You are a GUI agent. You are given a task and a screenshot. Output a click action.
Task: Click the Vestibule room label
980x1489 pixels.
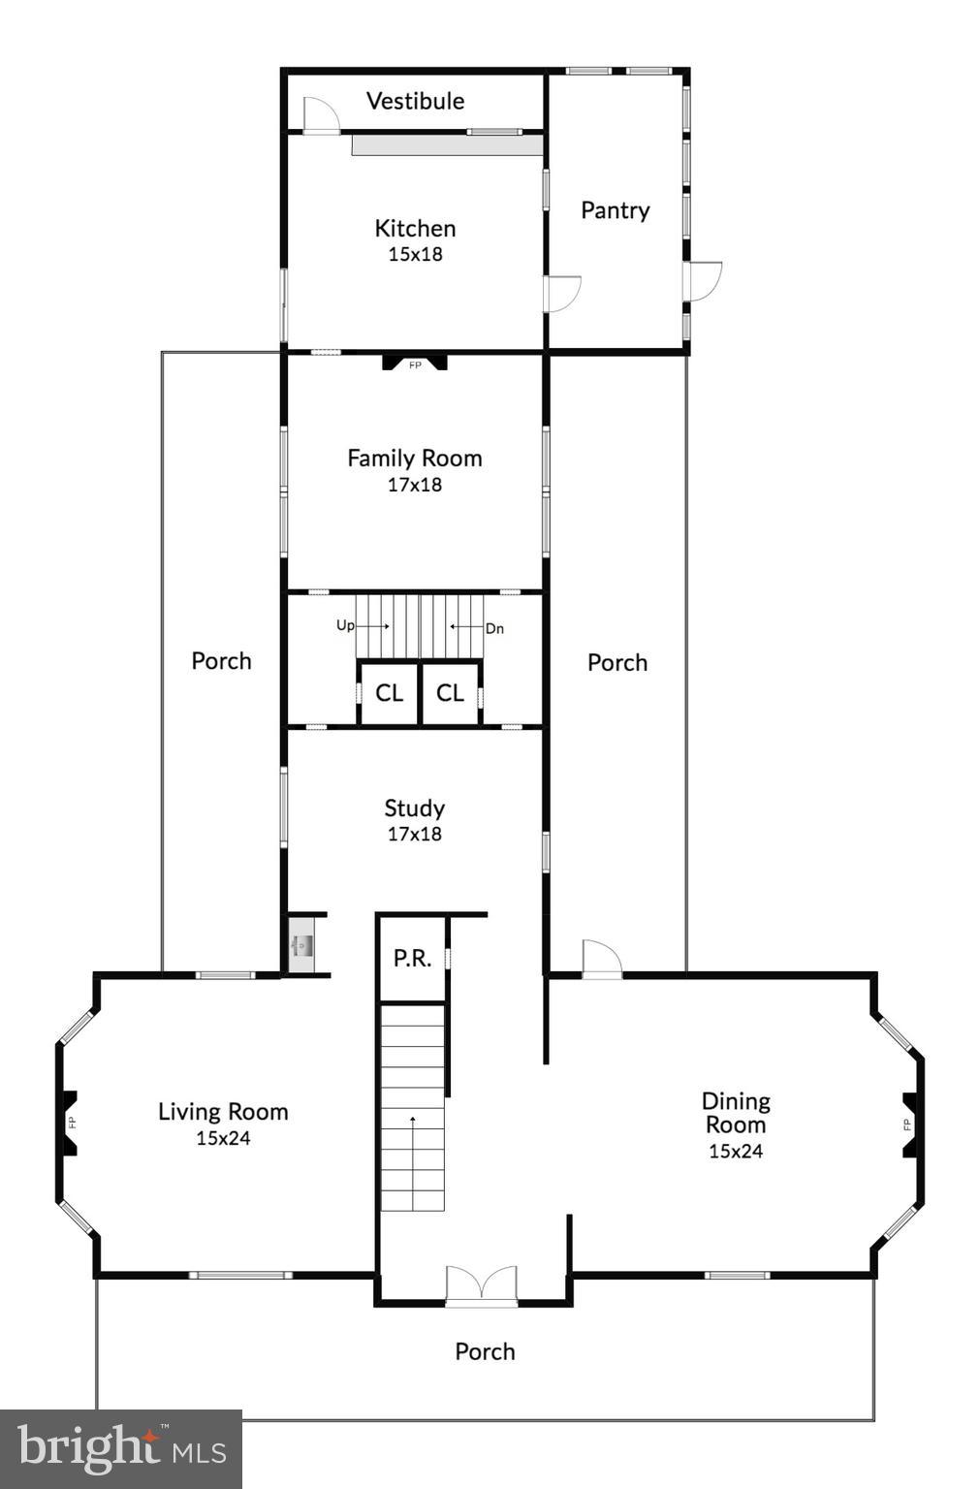[415, 101]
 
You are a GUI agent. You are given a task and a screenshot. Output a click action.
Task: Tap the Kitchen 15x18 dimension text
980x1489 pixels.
[415, 254]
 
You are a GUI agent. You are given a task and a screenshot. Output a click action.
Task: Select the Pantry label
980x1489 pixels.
[615, 210]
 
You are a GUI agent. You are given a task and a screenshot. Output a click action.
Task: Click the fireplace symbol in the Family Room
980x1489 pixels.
[415, 364]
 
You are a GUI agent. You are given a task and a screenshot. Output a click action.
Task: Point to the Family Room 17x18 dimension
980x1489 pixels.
[415, 485]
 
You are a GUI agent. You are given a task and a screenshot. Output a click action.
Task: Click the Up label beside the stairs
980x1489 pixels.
[345, 626]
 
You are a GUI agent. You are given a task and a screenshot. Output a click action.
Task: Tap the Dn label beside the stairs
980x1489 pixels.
[494, 629]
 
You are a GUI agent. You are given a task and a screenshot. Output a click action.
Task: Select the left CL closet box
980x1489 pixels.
[389, 693]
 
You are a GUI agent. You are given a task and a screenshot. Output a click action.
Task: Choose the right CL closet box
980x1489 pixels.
[450, 693]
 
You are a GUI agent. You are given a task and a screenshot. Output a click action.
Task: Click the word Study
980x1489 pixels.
[414, 808]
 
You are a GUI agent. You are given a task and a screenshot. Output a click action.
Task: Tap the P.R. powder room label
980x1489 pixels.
[412, 959]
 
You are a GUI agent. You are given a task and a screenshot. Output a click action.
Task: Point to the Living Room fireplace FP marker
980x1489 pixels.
[71, 1123]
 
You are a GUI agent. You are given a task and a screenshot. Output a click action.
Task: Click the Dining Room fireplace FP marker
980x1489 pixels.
[908, 1125]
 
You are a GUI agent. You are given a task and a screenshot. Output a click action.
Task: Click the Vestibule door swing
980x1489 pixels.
[320, 115]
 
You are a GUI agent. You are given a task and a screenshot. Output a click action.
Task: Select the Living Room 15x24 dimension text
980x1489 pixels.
[223, 1138]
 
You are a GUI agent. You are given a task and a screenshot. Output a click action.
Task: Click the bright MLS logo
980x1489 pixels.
[121, 1449]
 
